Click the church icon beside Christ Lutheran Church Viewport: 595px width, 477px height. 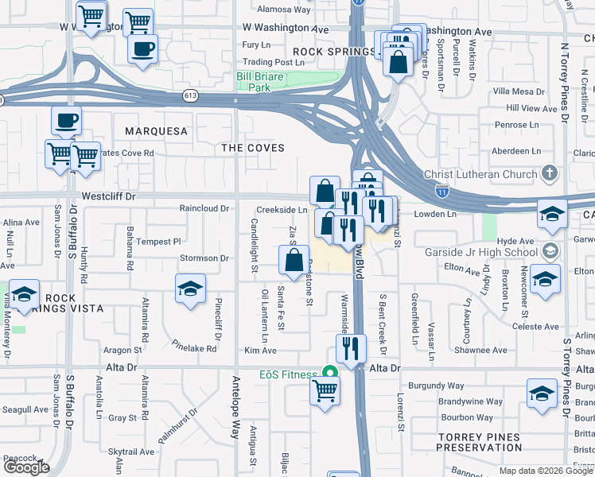548,173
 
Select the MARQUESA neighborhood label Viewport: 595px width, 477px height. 156,131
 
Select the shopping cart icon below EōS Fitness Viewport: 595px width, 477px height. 325,390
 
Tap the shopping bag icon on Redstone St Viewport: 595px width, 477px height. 294,258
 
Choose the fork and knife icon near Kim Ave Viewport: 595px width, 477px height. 351,347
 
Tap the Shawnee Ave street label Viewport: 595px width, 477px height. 480,350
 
